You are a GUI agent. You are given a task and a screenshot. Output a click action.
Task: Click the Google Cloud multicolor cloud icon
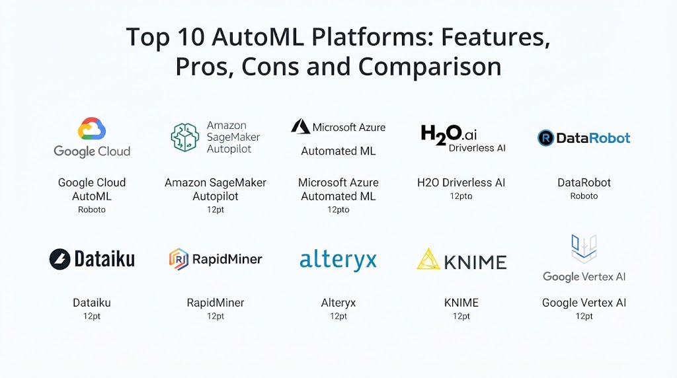pos(91,129)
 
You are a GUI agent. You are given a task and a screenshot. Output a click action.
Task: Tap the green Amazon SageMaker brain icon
pos(185,137)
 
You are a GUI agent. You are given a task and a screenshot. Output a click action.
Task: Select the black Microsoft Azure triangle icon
pos(301,126)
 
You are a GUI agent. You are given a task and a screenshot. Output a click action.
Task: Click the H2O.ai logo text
pos(449,135)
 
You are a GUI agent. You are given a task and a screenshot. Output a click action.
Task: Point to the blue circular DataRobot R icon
pos(545,138)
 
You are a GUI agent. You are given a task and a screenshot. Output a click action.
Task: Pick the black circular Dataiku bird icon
pos(60,259)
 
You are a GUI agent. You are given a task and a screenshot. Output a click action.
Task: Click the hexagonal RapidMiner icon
pos(179,259)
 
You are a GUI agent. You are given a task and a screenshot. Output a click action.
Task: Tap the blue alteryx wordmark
pos(338,260)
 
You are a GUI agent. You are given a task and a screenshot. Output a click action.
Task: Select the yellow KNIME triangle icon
pos(428,259)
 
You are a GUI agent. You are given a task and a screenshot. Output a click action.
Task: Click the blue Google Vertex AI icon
pos(584,248)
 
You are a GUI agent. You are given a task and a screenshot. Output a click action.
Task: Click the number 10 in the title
pos(190,37)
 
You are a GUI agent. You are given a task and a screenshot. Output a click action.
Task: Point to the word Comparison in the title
pos(430,67)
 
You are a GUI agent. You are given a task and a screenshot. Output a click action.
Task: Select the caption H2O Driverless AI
pos(461,182)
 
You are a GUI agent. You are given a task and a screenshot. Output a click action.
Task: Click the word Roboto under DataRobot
pos(584,196)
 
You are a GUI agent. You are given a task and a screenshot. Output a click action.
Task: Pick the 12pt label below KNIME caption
pos(461,316)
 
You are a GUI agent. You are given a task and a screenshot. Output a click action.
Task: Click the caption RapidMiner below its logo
pos(216,303)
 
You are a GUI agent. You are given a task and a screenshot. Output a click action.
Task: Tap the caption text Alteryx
pos(338,303)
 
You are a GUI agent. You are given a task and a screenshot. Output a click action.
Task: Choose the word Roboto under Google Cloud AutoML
pos(91,209)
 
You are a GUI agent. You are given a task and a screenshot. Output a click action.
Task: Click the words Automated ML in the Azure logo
pos(338,151)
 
